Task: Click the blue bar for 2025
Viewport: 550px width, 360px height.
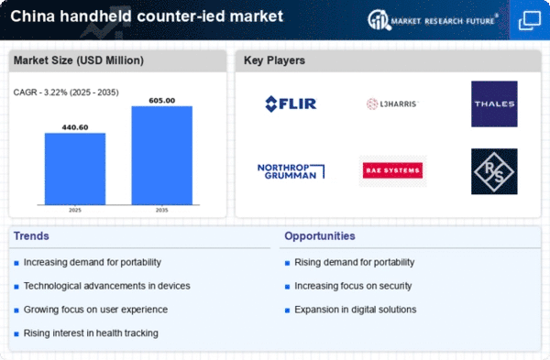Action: (75, 169)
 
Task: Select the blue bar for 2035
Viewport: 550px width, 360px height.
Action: (162, 156)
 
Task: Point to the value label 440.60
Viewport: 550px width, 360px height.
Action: (75, 127)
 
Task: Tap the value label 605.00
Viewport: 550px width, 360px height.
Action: (162, 101)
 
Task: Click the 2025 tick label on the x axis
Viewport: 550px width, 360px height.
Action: (75, 210)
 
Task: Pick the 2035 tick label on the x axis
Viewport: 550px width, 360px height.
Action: (161, 210)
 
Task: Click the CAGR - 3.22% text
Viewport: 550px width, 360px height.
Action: (39, 93)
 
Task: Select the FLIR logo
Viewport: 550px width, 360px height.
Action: (291, 104)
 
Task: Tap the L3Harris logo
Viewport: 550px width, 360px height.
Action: (392, 104)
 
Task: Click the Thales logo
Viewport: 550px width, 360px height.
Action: (494, 104)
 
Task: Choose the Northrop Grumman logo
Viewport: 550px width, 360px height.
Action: (291, 171)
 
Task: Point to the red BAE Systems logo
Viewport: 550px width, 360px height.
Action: (392, 170)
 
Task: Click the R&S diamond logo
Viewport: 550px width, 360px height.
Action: (494, 171)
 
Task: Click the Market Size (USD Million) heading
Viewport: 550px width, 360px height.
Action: (79, 60)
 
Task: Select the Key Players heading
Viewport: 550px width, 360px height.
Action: (274, 60)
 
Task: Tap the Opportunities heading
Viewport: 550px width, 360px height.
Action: (320, 236)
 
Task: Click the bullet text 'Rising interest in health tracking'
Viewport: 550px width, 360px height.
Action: (91, 333)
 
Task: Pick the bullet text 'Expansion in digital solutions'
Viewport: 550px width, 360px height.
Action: (356, 310)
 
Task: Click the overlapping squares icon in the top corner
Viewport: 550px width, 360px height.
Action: (530, 20)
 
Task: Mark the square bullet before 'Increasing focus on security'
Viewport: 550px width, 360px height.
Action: (287, 287)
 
